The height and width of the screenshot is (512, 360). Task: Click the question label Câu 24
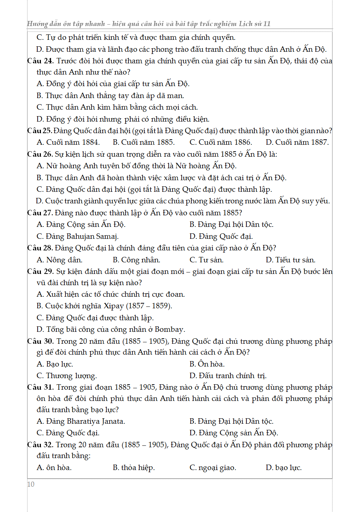click(x=41, y=61)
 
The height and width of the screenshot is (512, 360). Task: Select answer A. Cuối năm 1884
click(x=68, y=142)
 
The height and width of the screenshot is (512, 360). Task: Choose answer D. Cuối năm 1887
click(x=297, y=142)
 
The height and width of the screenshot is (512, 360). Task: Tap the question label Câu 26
click(x=40, y=154)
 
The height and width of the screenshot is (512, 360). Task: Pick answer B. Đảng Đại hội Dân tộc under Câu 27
click(x=231, y=224)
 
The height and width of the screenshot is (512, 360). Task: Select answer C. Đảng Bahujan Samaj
click(x=77, y=236)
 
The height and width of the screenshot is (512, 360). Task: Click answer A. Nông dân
click(x=59, y=260)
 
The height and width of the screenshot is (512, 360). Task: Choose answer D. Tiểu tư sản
click(x=290, y=260)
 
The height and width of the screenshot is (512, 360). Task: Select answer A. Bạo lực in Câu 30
click(x=55, y=364)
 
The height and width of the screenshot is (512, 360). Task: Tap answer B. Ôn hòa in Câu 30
click(x=207, y=364)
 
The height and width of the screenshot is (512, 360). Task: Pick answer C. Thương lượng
click(x=67, y=376)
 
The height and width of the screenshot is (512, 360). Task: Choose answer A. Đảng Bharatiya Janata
click(x=81, y=421)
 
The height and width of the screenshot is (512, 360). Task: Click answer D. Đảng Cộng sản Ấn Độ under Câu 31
click(x=233, y=433)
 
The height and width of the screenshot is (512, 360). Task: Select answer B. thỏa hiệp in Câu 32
click(x=134, y=467)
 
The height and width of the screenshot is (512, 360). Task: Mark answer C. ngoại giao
click(x=213, y=467)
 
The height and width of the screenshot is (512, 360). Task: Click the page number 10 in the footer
click(x=31, y=484)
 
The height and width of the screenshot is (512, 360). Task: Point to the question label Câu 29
click(x=41, y=271)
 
